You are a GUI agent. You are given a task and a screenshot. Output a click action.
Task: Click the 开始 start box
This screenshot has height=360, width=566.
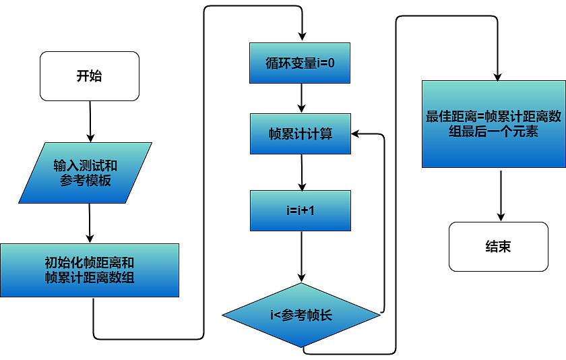point(90,76)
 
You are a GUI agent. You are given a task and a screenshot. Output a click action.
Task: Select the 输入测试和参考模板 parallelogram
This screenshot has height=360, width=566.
point(86,173)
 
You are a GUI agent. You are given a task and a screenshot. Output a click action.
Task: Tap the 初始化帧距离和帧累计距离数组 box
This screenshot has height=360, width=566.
point(90,270)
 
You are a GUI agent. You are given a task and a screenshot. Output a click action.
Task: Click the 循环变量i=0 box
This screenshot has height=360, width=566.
point(300,63)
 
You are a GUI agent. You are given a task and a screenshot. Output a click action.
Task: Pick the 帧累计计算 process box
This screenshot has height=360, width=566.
point(300,133)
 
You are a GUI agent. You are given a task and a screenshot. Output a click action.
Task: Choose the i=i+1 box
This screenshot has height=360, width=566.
point(301,210)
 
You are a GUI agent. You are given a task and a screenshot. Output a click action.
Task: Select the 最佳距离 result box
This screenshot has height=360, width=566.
point(494,124)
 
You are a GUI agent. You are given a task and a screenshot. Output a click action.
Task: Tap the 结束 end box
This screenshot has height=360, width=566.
point(499,247)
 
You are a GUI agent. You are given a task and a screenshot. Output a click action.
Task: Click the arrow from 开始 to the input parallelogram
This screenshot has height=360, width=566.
point(90,120)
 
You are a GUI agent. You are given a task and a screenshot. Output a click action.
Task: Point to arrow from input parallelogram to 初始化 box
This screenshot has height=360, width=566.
point(89,222)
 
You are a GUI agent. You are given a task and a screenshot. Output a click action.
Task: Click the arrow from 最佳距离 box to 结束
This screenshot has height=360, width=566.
point(500,194)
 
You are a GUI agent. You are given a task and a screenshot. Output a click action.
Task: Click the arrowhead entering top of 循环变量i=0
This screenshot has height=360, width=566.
point(303,38)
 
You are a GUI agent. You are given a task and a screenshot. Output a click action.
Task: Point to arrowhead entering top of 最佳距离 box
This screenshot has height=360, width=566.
point(497,76)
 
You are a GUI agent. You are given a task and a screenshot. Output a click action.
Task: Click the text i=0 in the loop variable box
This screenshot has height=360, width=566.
point(323,63)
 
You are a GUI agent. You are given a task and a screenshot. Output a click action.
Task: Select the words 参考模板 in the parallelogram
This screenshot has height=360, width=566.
point(86,181)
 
